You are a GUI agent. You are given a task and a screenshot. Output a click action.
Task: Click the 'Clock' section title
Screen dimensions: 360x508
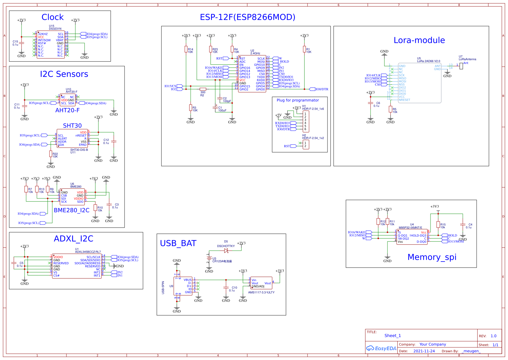(x=53, y=17)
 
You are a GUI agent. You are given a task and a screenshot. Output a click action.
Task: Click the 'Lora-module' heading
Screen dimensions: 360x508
(x=419, y=40)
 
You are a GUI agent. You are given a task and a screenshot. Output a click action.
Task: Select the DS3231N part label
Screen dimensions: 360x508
(x=55, y=29)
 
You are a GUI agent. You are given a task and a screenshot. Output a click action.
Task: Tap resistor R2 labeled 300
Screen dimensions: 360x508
(x=203, y=89)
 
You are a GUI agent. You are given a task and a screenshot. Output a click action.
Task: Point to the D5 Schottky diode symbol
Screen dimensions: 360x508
(x=226, y=251)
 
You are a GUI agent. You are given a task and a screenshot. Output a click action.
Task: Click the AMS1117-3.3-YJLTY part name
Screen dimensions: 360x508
(x=261, y=292)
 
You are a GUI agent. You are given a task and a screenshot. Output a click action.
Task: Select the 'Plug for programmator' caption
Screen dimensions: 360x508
(x=298, y=100)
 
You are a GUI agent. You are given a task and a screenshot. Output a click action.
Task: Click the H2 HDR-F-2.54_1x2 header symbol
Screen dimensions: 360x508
(x=306, y=144)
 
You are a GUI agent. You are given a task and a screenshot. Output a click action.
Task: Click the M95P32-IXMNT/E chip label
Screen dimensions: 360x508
(x=410, y=228)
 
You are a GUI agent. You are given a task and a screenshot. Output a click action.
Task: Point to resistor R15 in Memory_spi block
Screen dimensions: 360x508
(x=438, y=225)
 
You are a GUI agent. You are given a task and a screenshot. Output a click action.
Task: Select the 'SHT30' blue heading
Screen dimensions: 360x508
(x=72, y=126)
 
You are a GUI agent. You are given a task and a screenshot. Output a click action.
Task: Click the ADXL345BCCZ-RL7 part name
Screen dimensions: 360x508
(x=88, y=252)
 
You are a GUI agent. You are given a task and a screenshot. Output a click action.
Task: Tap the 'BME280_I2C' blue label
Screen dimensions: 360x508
(x=71, y=210)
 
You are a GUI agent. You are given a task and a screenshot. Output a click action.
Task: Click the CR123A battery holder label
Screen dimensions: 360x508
(x=222, y=261)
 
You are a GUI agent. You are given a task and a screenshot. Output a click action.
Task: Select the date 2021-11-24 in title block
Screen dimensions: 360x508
(x=424, y=351)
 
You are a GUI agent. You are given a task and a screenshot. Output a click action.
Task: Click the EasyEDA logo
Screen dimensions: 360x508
(x=381, y=348)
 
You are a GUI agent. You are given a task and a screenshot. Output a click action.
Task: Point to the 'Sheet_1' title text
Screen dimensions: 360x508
(x=392, y=336)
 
